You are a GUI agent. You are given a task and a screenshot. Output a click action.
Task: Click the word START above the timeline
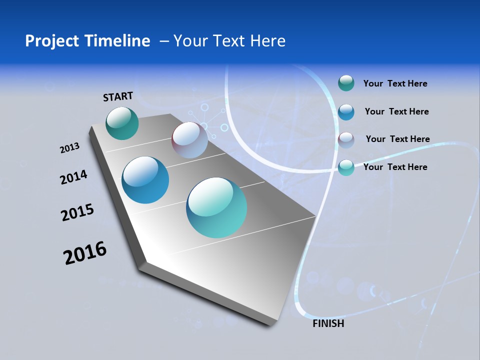pyautogui.click(x=118, y=96)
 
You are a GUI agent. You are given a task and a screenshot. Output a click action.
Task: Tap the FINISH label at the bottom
pyautogui.click(x=328, y=323)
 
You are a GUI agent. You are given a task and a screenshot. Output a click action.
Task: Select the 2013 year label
pyautogui.click(x=69, y=148)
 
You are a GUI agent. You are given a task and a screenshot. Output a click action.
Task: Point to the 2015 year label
pyautogui.click(x=77, y=212)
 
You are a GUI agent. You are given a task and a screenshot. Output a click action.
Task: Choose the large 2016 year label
pyautogui.click(x=85, y=253)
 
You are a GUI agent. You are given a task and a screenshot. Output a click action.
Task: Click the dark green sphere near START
pyautogui.click(x=122, y=123)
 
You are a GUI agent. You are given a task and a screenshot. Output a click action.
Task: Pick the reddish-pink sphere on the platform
pyautogui.click(x=189, y=140)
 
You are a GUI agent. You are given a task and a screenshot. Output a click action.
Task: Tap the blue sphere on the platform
pyautogui.click(x=145, y=180)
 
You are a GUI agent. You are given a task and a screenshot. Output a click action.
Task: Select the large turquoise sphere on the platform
pyautogui.click(x=216, y=207)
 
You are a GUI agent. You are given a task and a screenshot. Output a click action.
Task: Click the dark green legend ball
pyautogui.click(x=346, y=83)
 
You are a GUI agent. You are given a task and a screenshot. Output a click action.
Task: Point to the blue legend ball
pyautogui.click(x=346, y=112)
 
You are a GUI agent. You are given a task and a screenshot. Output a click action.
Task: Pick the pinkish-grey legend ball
pyautogui.click(x=346, y=140)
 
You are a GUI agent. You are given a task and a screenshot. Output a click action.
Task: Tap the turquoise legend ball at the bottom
pyautogui.click(x=346, y=167)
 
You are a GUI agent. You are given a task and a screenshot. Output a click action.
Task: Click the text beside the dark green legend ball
pyautogui.click(x=395, y=84)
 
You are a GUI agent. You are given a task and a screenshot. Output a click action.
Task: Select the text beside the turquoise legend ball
pyautogui.click(x=395, y=167)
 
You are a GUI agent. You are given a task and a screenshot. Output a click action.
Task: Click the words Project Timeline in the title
pyautogui.click(x=87, y=41)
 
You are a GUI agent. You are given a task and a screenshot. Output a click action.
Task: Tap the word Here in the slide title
pyautogui.click(x=267, y=41)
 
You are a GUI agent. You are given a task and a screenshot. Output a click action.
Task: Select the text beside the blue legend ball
pyautogui.click(x=396, y=111)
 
